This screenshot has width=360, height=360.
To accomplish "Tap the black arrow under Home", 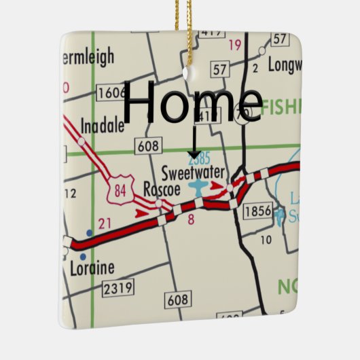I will pyautogui.click(x=194, y=143).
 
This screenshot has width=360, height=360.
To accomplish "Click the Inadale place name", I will pyautogui.click(x=103, y=127).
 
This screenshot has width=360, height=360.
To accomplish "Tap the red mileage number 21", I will pyautogui.click(x=104, y=223).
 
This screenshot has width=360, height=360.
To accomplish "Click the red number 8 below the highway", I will pyautogui.click(x=191, y=219).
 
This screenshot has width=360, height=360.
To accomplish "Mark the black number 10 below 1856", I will pyautogui.click(x=266, y=239).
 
